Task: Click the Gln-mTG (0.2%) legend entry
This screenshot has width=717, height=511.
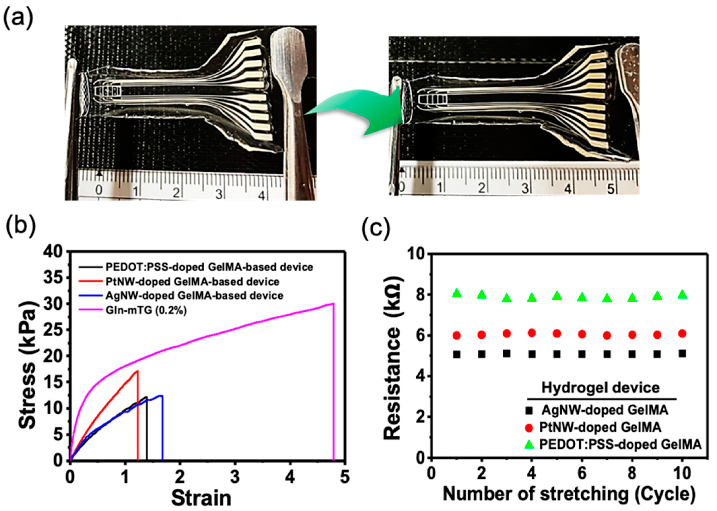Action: [x=146, y=310]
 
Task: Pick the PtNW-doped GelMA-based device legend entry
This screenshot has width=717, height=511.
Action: [x=192, y=281]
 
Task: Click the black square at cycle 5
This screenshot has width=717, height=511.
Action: [x=557, y=354]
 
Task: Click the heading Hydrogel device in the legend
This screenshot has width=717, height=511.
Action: [x=600, y=387]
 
